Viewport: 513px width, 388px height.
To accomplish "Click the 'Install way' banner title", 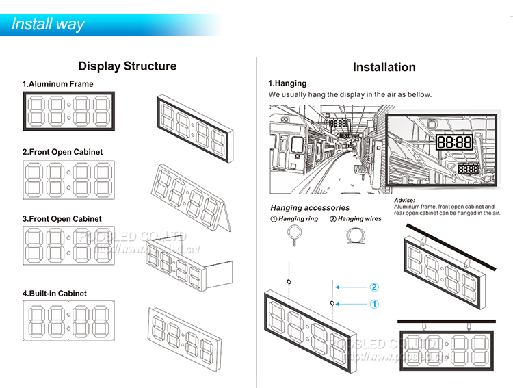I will tap(48, 24).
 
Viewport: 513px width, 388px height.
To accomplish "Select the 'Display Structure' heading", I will tap(127, 66).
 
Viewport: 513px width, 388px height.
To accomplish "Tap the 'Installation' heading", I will tap(384, 67).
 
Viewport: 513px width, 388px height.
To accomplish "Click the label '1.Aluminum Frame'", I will tap(57, 84).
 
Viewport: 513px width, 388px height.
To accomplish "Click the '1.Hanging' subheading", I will tap(287, 83).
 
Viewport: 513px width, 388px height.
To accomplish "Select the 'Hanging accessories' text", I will tap(310, 207).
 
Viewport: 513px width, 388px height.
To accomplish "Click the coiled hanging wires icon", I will tap(355, 236).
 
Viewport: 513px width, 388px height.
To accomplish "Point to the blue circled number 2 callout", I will tap(374, 287).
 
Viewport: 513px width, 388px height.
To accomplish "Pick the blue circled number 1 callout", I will tap(374, 303).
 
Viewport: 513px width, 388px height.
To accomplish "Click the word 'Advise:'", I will tap(405, 200).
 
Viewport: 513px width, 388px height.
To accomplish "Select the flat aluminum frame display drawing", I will tap(69, 111).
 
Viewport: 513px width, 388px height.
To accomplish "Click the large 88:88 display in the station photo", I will tap(454, 142).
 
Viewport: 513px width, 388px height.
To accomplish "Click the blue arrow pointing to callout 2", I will tap(352, 287).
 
